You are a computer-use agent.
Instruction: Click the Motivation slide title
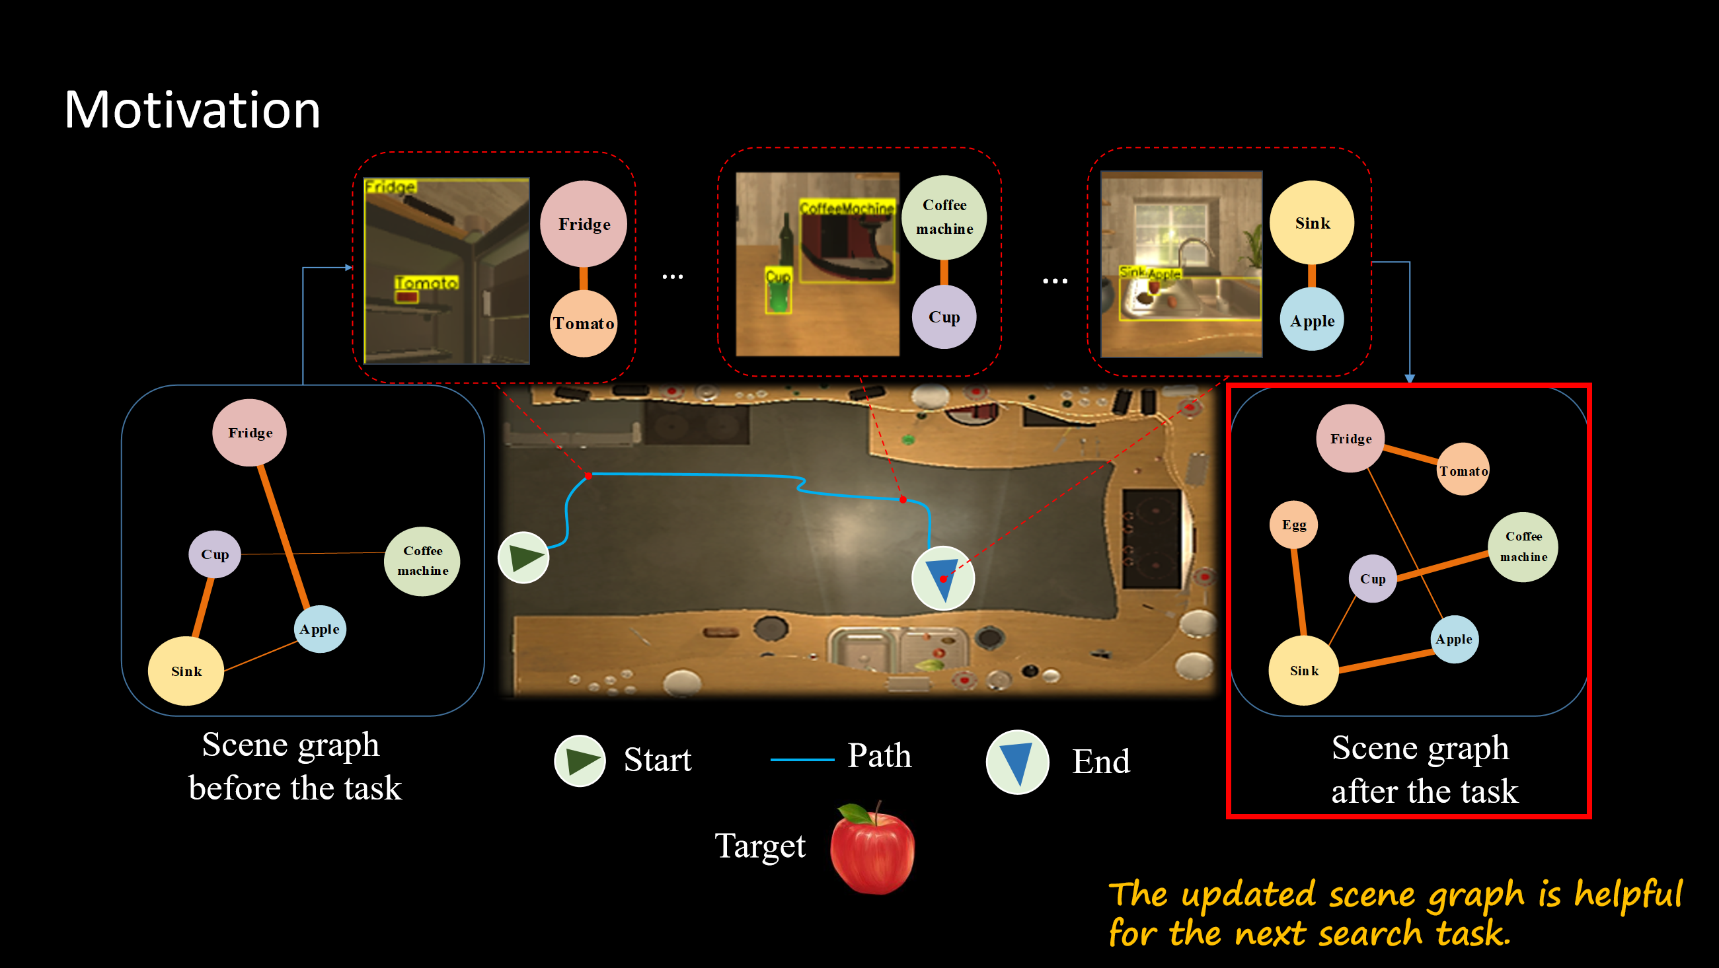point(192,110)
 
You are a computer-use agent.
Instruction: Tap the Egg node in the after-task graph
point(1293,525)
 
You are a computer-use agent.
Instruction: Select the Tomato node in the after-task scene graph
point(1463,470)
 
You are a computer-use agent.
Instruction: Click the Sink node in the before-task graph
point(186,671)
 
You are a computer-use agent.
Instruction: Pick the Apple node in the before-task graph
point(320,628)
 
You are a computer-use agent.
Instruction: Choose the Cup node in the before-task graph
point(215,554)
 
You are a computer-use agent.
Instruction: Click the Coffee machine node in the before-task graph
point(422,560)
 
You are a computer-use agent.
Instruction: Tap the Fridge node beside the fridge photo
point(584,223)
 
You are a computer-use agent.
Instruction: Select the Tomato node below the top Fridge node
point(583,324)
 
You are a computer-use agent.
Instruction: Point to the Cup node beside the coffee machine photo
point(944,317)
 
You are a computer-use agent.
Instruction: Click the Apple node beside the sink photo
point(1312,320)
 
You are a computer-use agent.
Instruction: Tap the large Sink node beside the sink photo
point(1312,223)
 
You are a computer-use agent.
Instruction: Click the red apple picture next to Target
point(872,848)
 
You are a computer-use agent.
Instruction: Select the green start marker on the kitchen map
point(524,558)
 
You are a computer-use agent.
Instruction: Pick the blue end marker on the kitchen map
point(943,577)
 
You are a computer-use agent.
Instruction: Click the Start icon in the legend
point(580,761)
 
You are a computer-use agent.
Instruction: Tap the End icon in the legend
point(1018,762)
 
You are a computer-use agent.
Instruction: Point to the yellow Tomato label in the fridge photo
point(426,283)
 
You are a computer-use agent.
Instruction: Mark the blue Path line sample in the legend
point(802,759)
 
